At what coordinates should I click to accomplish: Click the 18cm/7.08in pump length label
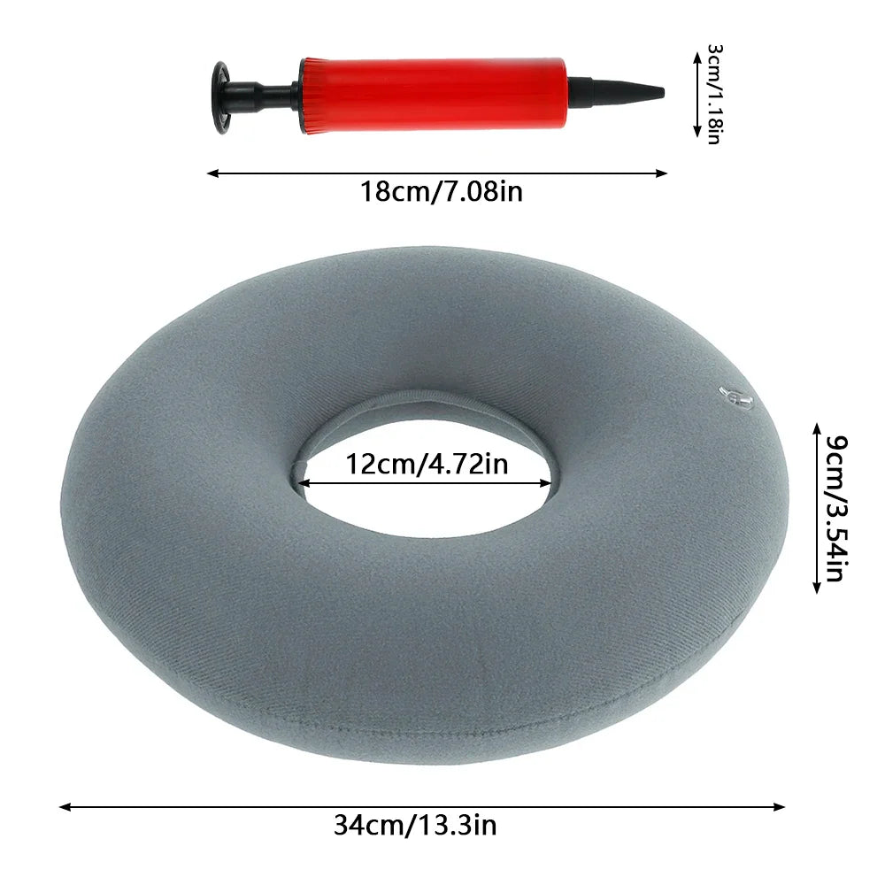pyautogui.click(x=442, y=192)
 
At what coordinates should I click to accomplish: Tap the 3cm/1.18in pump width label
pyautogui.click(x=714, y=95)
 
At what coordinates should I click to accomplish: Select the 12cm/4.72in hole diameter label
pyautogui.click(x=427, y=464)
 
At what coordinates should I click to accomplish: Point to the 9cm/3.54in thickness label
pyautogui.click(x=836, y=508)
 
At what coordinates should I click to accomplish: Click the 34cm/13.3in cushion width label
pyautogui.click(x=415, y=825)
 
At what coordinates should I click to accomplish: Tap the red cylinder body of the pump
pyautogui.click(x=434, y=95)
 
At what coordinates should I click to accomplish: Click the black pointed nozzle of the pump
pyautogui.click(x=616, y=91)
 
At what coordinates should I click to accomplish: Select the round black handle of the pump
pyautogui.click(x=220, y=97)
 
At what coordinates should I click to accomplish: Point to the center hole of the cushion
pyautogui.click(x=424, y=477)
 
